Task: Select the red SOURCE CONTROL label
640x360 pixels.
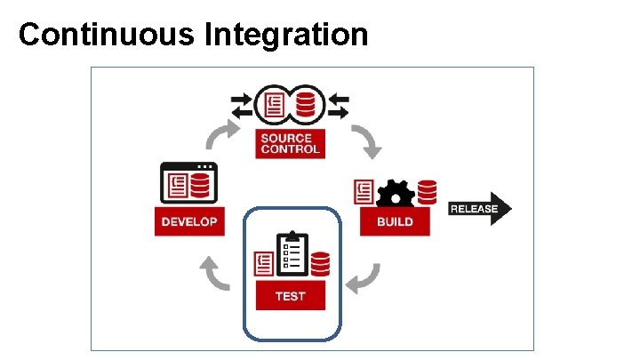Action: pyautogui.click(x=286, y=143)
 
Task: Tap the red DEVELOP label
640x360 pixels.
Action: pyautogui.click(x=189, y=221)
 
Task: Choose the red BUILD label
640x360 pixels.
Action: pyautogui.click(x=395, y=221)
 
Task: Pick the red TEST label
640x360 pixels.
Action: pyautogui.click(x=291, y=296)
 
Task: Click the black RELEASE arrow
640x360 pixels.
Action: pyautogui.click(x=480, y=210)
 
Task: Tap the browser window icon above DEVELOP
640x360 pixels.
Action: pyautogui.click(x=189, y=183)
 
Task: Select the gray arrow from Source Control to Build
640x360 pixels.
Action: pyautogui.click(x=365, y=140)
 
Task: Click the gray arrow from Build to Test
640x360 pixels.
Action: pyautogui.click(x=364, y=278)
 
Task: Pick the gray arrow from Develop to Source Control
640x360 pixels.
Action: pyautogui.click(x=221, y=136)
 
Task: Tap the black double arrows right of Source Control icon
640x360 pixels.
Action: pyautogui.click(x=337, y=104)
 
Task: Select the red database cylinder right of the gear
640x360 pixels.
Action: pyautogui.click(x=427, y=192)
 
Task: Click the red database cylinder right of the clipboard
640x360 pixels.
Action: pyautogui.click(x=320, y=264)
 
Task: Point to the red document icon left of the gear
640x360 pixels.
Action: pyautogui.click(x=364, y=192)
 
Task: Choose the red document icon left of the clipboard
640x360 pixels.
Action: pyautogui.click(x=264, y=264)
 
